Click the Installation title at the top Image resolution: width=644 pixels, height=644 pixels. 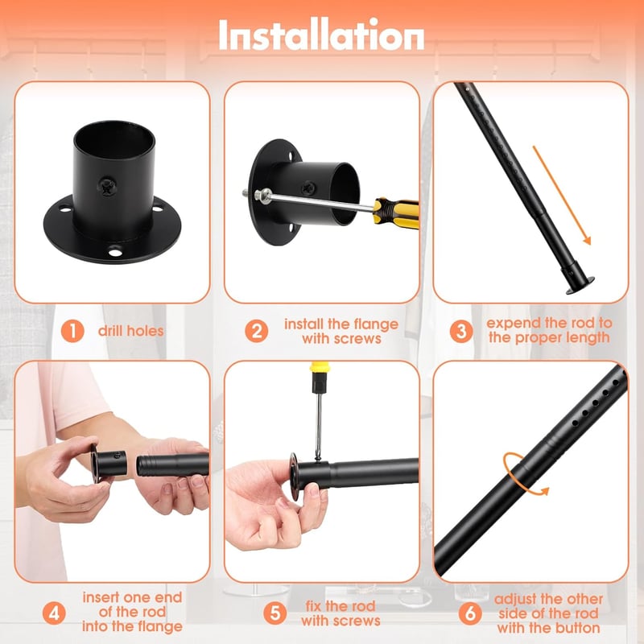click(x=321, y=35)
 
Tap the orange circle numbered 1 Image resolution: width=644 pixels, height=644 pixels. click(x=72, y=331)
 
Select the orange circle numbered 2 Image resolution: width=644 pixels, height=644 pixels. click(x=257, y=331)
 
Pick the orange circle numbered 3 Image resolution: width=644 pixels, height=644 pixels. click(x=461, y=331)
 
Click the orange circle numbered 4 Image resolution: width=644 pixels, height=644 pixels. click(x=54, y=613)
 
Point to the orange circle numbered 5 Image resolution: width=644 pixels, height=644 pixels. click(x=275, y=613)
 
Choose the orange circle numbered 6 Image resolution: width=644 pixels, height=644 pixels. click(x=470, y=613)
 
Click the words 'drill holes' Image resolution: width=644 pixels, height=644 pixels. click(x=130, y=331)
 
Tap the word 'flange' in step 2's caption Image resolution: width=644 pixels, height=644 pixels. click(x=377, y=324)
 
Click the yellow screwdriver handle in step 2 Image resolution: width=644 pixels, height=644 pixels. click(x=396, y=211)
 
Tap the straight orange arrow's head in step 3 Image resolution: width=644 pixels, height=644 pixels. click(x=587, y=239)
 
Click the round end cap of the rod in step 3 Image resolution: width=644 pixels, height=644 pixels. click(x=580, y=285)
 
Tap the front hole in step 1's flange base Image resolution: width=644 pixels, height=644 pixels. click(x=115, y=250)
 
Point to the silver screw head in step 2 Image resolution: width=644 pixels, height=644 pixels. click(x=263, y=195)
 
